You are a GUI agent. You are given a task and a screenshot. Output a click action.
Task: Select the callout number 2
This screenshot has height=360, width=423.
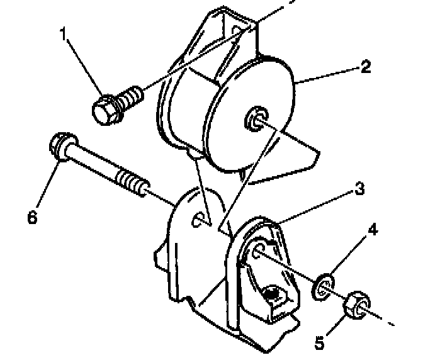coord(366,67)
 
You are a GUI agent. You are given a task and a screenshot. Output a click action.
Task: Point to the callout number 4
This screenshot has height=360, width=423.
coord(373,231)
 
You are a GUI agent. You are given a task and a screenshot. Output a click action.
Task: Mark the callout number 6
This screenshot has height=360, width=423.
coord(32,218)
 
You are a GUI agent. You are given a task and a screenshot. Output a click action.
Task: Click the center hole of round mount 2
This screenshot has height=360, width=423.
coord(255,118)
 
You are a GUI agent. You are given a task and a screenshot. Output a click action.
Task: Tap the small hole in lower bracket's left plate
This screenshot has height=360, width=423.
coord(198,218)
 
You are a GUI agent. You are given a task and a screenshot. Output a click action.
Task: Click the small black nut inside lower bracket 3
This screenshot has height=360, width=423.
coord(272,293)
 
